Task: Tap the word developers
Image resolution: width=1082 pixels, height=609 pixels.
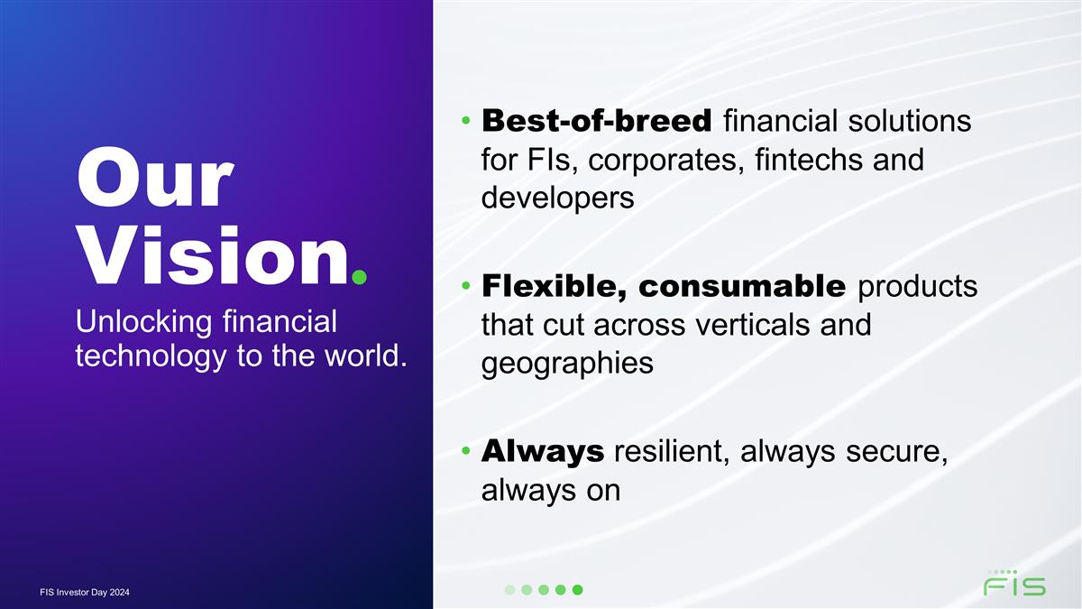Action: [557, 198]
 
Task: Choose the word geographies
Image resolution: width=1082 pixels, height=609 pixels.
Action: [567, 364]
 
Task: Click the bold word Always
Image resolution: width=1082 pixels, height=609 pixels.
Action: [543, 451]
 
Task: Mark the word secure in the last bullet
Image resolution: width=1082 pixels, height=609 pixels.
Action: [893, 451]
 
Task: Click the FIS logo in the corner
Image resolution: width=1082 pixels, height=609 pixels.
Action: [1013, 584]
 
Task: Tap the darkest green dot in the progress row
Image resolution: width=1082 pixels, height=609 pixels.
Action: [578, 590]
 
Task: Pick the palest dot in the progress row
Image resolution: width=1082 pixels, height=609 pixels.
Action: [509, 590]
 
